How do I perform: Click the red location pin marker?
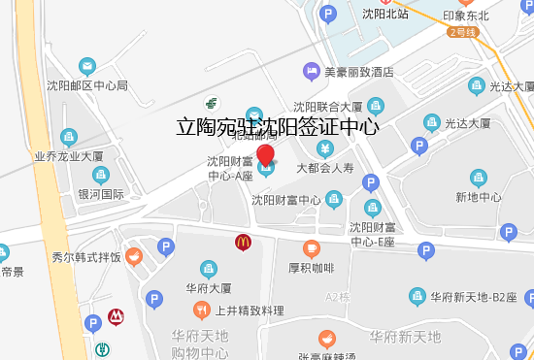click(265, 155)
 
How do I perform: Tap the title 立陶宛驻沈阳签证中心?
click(277, 126)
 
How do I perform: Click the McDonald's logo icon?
click(240, 242)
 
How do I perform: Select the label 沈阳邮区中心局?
click(87, 85)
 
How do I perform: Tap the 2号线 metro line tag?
click(464, 32)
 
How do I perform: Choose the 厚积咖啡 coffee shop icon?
click(311, 248)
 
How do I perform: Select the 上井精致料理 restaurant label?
click(250, 311)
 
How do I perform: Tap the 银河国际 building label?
click(101, 194)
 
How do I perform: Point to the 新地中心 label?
click(478, 197)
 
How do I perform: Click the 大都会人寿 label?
click(326, 168)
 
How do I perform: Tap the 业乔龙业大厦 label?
click(70, 155)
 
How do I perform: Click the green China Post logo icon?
click(212, 102)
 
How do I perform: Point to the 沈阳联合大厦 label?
click(328, 107)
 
